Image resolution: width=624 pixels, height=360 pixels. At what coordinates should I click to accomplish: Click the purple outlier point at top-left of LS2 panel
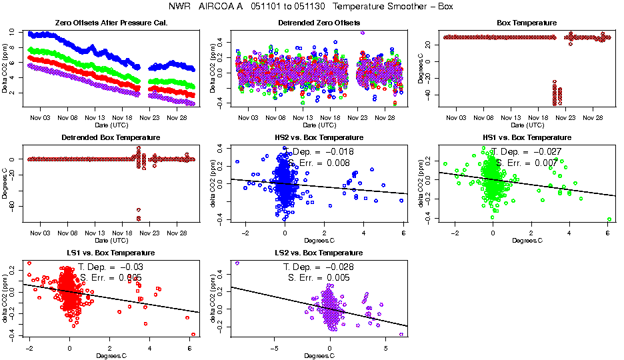237,263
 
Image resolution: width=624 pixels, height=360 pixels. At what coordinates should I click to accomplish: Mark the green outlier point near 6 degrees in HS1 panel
609,219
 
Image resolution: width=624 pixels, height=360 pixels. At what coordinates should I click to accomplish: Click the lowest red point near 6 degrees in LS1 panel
193,334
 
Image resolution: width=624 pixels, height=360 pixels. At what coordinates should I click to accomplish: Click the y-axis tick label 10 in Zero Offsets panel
12,31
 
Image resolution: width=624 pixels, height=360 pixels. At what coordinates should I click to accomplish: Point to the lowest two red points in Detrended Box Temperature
139,214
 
